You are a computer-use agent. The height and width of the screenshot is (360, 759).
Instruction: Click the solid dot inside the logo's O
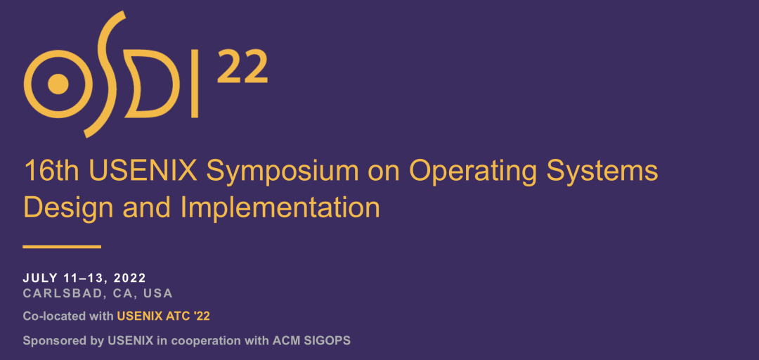click(x=58, y=84)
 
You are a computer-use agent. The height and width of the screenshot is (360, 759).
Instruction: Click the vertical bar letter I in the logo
click(x=195, y=84)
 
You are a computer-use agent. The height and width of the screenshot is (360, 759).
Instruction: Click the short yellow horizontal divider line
click(x=62, y=247)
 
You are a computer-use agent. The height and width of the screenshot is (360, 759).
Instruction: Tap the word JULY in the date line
click(x=40, y=278)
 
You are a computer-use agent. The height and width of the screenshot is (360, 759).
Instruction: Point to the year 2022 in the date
click(x=130, y=278)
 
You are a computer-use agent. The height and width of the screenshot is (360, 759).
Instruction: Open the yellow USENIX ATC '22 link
click(x=164, y=316)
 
